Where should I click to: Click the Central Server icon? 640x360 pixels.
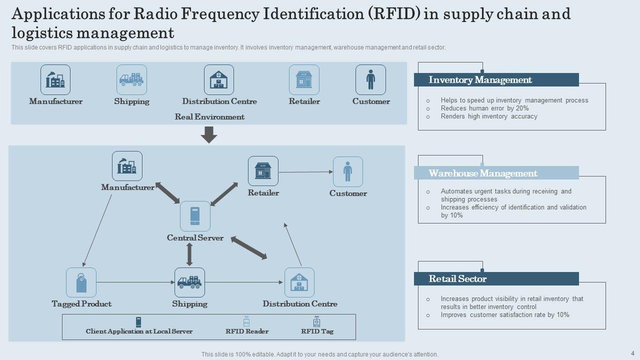click(195, 216)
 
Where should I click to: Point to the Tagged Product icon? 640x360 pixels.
click(81, 282)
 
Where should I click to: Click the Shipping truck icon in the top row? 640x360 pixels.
click(131, 79)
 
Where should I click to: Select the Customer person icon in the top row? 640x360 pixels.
click(370, 79)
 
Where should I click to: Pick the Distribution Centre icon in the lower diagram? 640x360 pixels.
click(299, 282)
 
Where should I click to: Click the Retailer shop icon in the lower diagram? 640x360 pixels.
click(263, 171)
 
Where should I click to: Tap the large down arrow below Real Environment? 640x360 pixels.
click(208, 134)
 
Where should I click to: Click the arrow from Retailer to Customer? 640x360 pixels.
click(305, 171)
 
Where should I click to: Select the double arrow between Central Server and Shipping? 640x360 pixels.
click(189, 255)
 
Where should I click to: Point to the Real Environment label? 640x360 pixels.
click(209, 117)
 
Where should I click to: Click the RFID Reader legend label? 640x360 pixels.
click(247, 331)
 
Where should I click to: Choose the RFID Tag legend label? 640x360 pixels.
click(317, 331)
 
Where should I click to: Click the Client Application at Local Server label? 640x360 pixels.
click(139, 331)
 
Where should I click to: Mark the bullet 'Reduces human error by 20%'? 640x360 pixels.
click(484, 108)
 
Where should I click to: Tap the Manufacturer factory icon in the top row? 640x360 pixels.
click(55, 79)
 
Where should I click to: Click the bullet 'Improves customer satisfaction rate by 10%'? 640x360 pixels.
click(505, 315)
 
